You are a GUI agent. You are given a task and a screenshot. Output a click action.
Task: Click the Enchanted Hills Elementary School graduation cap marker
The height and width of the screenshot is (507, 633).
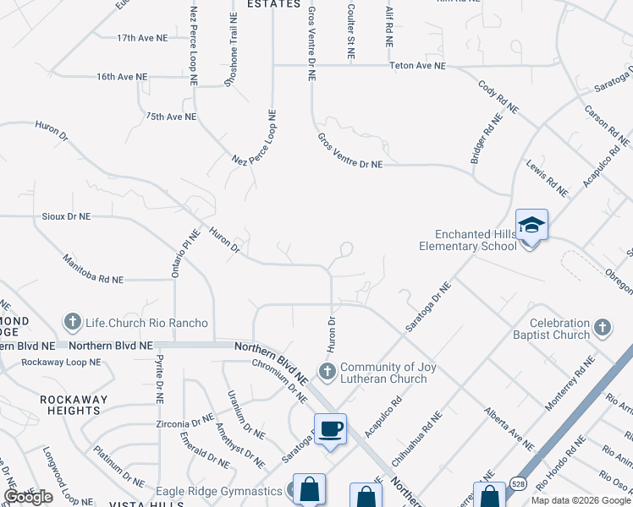click(531, 226)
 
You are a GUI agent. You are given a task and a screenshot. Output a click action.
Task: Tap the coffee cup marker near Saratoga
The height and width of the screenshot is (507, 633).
click(330, 428)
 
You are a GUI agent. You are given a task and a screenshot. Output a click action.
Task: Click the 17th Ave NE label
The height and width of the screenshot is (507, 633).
click(142, 38)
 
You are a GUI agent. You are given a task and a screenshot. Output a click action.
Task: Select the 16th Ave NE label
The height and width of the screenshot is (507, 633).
click(122, 76)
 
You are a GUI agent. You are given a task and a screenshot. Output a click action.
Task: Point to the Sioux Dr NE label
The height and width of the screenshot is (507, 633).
click(66, 216)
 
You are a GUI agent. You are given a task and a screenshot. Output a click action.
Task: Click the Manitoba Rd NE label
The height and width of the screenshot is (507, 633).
click(92, 267)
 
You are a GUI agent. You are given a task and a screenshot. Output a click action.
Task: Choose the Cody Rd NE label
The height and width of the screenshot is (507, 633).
click(498, 96)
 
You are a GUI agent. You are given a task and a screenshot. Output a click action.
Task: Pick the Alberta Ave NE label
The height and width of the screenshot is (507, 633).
click(509, 428)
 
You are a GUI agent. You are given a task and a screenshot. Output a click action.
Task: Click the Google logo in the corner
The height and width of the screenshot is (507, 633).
click(28, 497)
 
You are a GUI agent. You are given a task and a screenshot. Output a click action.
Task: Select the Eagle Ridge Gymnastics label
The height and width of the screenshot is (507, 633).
click(219, 491)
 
